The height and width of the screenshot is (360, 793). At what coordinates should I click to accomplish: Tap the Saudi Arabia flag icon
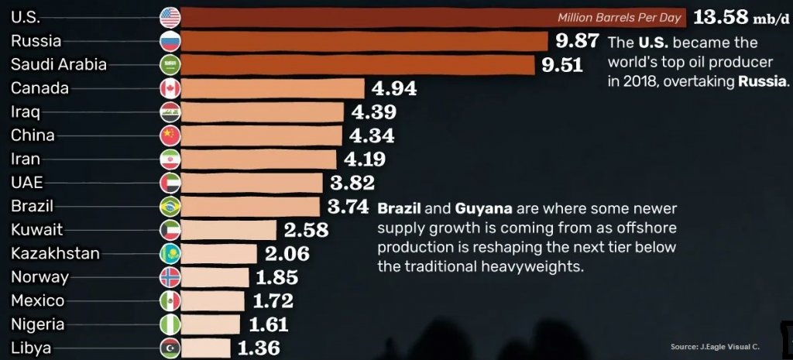pos(170,64)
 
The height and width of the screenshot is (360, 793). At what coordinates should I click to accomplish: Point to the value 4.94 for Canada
pos(394,88)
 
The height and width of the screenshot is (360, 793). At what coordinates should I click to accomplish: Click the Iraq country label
pos(20,111)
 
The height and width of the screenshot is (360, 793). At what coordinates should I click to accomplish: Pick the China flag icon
pos(170,135)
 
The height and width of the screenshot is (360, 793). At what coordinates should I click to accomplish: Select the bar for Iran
pos(259,159)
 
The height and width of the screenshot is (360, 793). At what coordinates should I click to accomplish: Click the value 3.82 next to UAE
pos(352,183)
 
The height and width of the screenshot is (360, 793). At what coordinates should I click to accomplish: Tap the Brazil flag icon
pos(170,207)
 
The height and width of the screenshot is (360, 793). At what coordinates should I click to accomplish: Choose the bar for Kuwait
pos(229,230)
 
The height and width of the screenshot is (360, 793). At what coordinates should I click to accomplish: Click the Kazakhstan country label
pos(55,253)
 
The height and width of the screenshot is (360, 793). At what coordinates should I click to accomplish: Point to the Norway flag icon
pos(170,277)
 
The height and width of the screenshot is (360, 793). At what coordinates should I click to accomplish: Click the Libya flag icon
pos(170,348)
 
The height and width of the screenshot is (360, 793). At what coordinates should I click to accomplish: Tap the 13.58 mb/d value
pos(740,16)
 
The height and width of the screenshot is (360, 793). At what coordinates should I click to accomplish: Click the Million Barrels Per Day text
pos(619,17)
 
